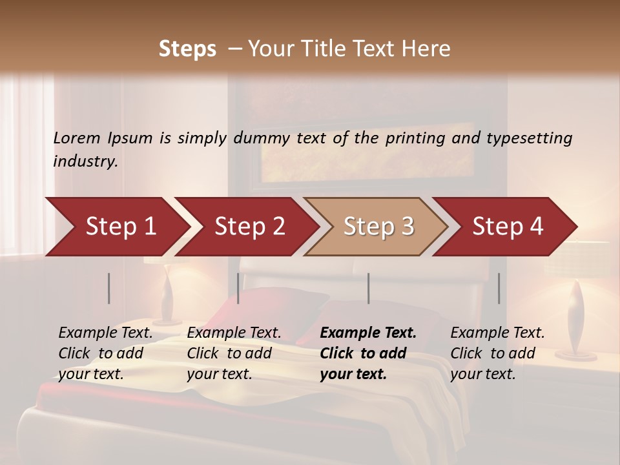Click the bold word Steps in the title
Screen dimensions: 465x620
(187, 48)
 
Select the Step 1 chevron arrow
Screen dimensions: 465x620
(116, 226)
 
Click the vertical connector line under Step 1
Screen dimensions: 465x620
(109, 288)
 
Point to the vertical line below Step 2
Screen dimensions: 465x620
(238, 288)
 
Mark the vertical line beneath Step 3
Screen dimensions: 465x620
(369, 288)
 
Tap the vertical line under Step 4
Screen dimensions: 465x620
(499, 288)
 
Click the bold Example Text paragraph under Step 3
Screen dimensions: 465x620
(368, 353)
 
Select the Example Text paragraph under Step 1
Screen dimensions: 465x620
(105, 353)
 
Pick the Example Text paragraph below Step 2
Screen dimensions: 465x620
(234, 353)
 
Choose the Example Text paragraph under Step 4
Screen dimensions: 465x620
(497, 353)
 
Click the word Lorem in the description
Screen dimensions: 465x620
(77, 138)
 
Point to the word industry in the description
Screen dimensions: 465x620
(85, 161)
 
